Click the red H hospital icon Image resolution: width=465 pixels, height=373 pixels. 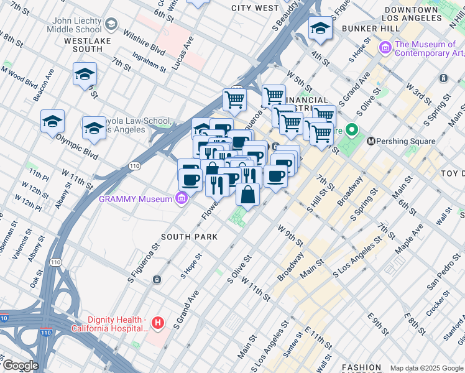tap(159, 323)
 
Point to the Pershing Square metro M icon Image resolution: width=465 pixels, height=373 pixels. tap(371, 141)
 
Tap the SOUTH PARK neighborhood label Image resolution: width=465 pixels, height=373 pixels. tap(189, 237)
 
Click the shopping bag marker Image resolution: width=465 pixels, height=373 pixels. tap(247, 194)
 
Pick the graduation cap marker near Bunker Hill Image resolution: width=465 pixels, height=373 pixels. tap(320, 28)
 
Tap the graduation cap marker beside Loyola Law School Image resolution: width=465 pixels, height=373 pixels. tap(94, 127)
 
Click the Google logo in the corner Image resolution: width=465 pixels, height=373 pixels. tap(21, 366)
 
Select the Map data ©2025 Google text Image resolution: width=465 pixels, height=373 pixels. tap(426, 368)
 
